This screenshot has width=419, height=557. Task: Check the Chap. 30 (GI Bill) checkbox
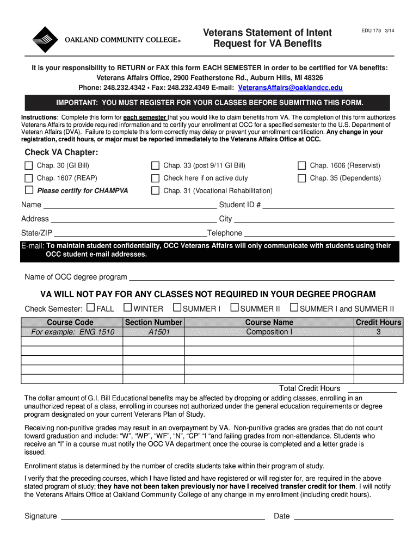29,165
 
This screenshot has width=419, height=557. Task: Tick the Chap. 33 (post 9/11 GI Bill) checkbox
155,165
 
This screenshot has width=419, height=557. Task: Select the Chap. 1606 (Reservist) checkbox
301,165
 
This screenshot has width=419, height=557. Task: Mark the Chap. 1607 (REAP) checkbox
29,178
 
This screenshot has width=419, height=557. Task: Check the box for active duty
155,178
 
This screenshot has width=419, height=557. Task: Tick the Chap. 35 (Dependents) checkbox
301,178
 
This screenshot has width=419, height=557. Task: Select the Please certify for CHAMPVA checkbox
29,190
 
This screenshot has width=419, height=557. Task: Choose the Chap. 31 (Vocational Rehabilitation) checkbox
155,190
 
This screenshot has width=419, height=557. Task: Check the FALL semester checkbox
91,308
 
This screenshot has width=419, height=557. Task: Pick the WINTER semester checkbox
128,308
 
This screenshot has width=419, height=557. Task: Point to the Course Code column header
70,323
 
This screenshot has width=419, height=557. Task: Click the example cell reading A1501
154,332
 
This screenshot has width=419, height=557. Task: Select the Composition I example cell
269,332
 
